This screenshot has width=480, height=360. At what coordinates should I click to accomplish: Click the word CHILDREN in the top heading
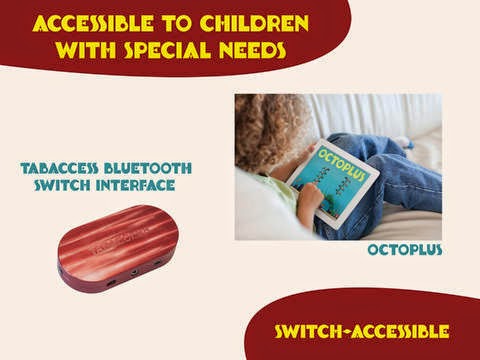pos(255,23)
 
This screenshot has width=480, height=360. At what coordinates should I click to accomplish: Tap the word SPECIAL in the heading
pos(168,50)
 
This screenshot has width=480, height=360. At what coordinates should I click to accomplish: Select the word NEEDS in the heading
pos(252,50)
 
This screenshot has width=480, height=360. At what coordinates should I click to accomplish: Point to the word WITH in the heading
pos(86,50)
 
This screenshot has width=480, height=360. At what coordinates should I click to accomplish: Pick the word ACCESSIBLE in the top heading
pos(93,23)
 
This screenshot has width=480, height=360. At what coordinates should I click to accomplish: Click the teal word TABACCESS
pos(59,168)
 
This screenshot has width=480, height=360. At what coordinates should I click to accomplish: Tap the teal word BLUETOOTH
pos(148,168)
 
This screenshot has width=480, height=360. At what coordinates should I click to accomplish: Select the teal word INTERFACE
pos(135,185)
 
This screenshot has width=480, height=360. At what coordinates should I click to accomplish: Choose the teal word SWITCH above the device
pos(62,185)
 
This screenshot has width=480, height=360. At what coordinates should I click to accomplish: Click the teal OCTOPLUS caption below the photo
pos(405,250)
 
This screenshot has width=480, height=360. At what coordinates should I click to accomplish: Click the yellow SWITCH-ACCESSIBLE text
pos(362,331)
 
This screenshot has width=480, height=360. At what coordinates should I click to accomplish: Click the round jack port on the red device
pos(134,273)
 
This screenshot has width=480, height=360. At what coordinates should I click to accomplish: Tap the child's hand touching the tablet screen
pos(311,199)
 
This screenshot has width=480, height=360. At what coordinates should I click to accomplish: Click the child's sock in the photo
pos(407,143)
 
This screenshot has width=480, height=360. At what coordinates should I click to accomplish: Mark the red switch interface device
pos(118,249)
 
